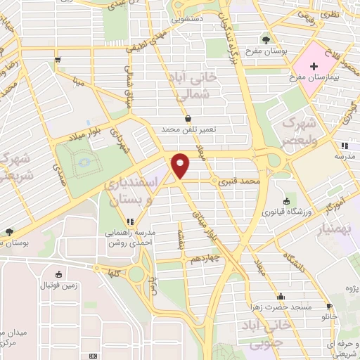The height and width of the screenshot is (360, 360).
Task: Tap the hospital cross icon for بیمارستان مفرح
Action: (x=314, y=64)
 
